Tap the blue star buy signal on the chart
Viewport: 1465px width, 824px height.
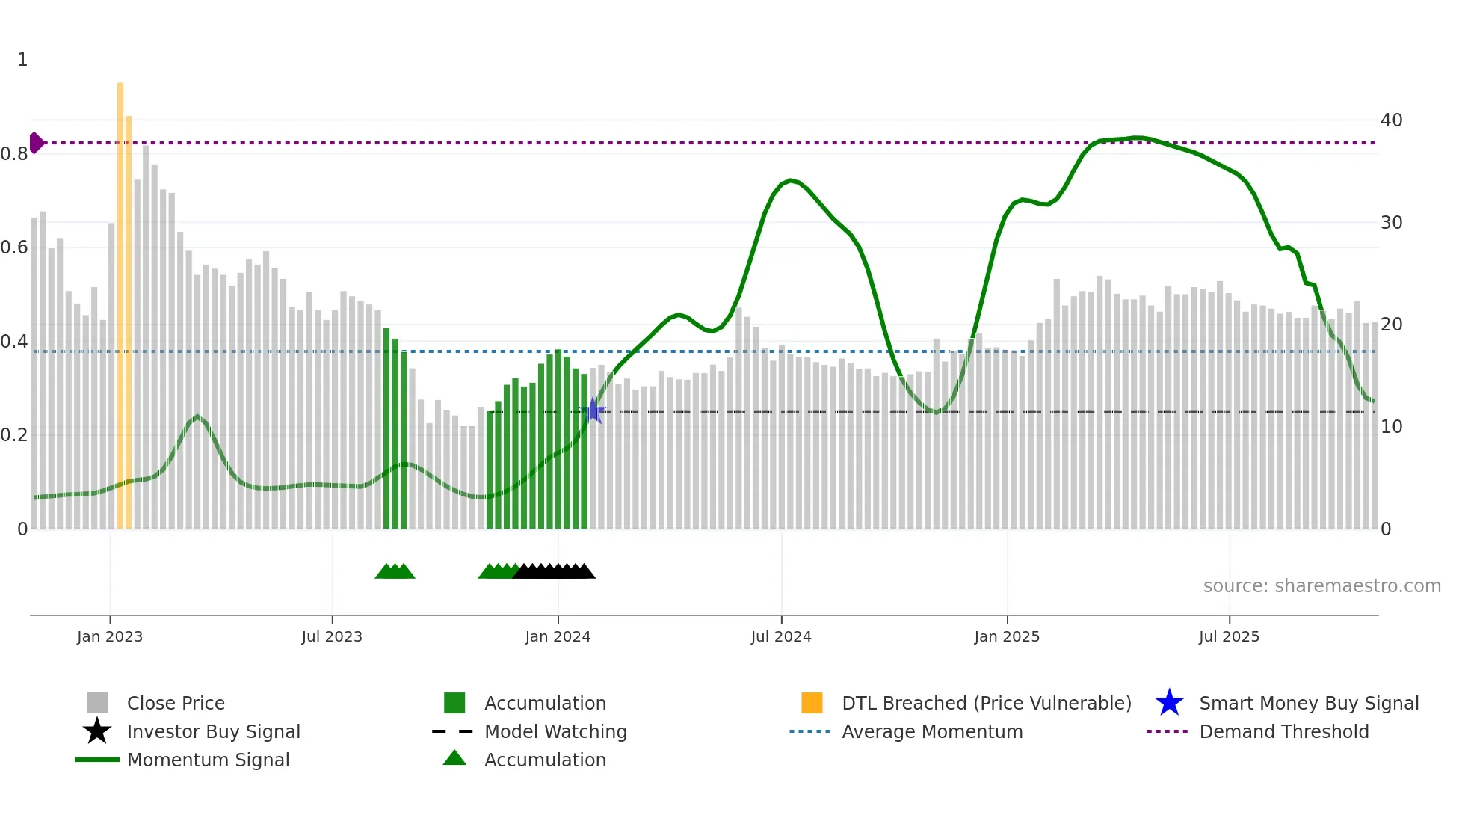tap(593, 411)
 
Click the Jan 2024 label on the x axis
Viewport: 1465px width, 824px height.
tap(558, 636)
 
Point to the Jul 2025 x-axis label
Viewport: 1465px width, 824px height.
tap(1229, 636)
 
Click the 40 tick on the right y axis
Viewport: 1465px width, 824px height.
tap(1391, 120)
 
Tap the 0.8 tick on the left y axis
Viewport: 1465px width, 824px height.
tap(14, 154)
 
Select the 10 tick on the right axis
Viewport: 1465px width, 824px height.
tap(1391, 426)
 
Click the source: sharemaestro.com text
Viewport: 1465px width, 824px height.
tap(1321, 585)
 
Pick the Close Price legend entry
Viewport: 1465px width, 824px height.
tap(175, 703)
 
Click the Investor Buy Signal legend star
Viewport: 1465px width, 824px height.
tap(97, 731)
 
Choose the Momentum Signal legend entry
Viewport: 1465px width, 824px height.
tap(208, 760)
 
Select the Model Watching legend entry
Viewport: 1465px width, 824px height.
tap(555, 731)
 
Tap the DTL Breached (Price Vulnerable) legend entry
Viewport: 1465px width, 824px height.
tap(986, 703)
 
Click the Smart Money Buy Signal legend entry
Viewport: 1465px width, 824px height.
tap(1308, 703)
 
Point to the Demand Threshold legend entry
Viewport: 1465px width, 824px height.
tap(1283, 731)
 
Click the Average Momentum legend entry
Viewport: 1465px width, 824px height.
tap(931, 731)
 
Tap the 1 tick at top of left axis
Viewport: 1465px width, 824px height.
tap(22, 60)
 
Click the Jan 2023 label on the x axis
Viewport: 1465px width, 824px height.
tap(110, 636)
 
